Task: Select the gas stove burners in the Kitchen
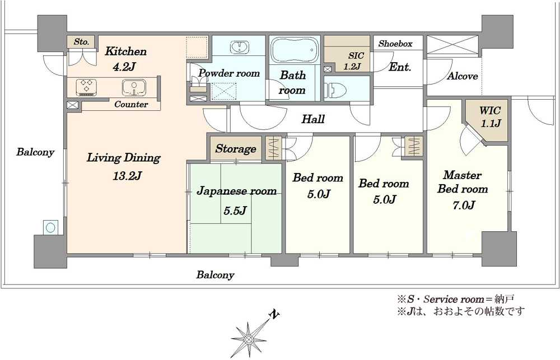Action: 86,87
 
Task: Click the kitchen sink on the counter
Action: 134,87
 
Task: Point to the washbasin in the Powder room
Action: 240,47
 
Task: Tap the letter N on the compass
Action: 274,315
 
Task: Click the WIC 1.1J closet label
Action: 490,117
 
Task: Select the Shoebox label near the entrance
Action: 395,44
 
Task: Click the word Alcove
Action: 463,76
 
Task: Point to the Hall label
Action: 313,119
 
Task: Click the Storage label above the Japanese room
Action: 236,148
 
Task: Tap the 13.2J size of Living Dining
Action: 127,176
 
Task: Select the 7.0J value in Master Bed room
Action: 463,205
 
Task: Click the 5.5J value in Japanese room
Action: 235,211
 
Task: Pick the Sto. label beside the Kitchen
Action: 81,42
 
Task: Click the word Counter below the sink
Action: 131,104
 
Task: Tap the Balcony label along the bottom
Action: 216,275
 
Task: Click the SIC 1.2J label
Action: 354,60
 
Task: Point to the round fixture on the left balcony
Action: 50,227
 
